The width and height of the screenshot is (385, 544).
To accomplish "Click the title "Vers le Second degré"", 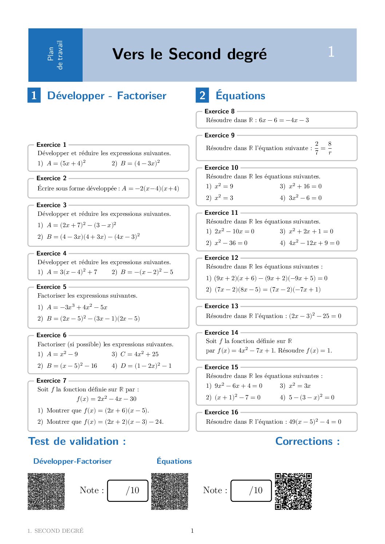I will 190,54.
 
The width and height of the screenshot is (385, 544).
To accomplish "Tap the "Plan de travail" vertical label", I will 55,55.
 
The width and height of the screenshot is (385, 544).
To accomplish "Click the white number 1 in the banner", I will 331,52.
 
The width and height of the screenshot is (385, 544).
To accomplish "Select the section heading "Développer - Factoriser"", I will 107,96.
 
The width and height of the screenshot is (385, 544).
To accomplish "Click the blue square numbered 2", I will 202,95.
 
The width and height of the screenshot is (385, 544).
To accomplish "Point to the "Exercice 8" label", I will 219,111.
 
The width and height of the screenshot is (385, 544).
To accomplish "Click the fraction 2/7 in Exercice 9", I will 317,148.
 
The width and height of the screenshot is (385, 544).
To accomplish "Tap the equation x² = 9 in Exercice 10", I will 224,186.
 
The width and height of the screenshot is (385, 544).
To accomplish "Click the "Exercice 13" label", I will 221,306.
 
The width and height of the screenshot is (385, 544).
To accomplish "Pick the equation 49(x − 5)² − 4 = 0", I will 315,422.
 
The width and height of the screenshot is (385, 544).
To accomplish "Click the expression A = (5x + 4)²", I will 66,163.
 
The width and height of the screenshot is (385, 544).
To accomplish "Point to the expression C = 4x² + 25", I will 139,354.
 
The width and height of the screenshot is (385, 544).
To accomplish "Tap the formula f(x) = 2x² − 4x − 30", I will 107,399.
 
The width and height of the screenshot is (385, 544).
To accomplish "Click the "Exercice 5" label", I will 51,287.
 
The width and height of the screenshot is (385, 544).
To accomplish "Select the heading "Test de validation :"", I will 77,441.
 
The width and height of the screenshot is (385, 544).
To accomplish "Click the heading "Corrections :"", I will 307,441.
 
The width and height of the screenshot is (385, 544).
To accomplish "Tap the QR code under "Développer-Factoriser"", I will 46,491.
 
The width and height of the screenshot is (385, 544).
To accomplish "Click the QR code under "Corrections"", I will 293,491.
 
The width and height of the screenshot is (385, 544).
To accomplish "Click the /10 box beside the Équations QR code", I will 251,491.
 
